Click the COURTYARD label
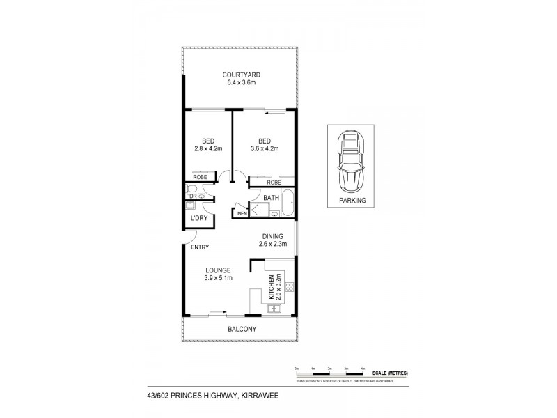[241, 75]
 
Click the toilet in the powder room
[191, 189]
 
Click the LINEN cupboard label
[241, 213]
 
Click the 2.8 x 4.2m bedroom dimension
[208, 148]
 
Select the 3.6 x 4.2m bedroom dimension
[265, 148]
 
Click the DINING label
[272, 236]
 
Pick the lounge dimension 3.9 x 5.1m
[218, 278]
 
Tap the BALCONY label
[241, 330]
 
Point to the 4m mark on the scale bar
[363, 367]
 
